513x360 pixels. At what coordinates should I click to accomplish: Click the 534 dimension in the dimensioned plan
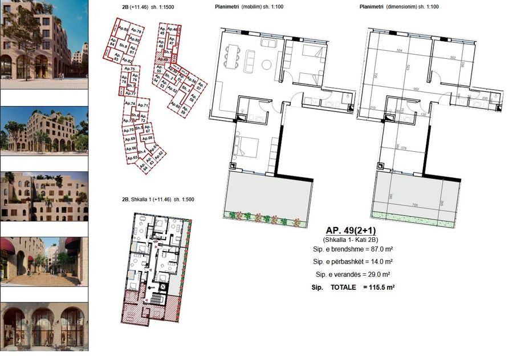[400, 51]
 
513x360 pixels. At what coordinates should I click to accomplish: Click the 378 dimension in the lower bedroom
[404, 147]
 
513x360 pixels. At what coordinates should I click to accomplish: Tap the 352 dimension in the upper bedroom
[453, 57]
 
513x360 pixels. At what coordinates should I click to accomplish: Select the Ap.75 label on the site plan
[128, 68]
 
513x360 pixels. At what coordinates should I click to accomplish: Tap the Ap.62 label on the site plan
[159, 153]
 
